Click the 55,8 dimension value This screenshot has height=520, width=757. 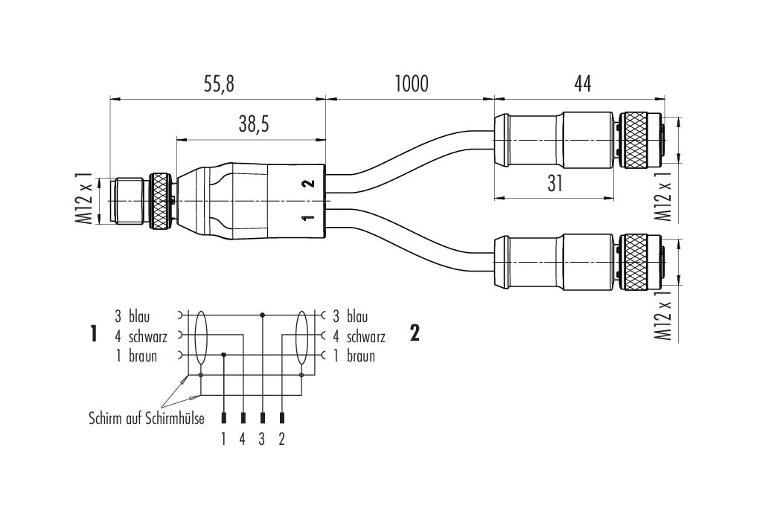(x=218, y=84)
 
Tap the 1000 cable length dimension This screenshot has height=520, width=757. (x=411, y=84)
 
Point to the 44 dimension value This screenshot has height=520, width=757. (x=583, y=84)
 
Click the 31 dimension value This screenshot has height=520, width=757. (x=554, y=184)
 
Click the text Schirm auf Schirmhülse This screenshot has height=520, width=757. (x=147, y=419)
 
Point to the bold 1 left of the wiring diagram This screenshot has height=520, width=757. (x=94, y=334)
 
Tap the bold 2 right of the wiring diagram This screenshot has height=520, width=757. (x=415, y=333)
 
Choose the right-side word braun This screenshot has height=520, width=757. (x=360, y=356)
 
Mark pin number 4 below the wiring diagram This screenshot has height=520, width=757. (x=243, y=439)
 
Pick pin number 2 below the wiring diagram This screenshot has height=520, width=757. (x=281, y=439)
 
